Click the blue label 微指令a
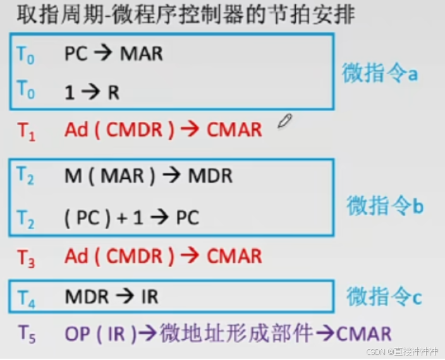[380, 73]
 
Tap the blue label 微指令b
[384, 205]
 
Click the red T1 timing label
[27, 130]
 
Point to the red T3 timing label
[27, 256]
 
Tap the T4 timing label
[27, 297]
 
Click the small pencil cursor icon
[284, 121]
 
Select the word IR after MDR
[149, 296]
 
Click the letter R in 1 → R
[113, 92]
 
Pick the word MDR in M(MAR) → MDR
[210, 176]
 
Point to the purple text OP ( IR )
[101, 333]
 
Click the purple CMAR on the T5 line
[363, 333]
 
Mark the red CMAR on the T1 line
[234, 130]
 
